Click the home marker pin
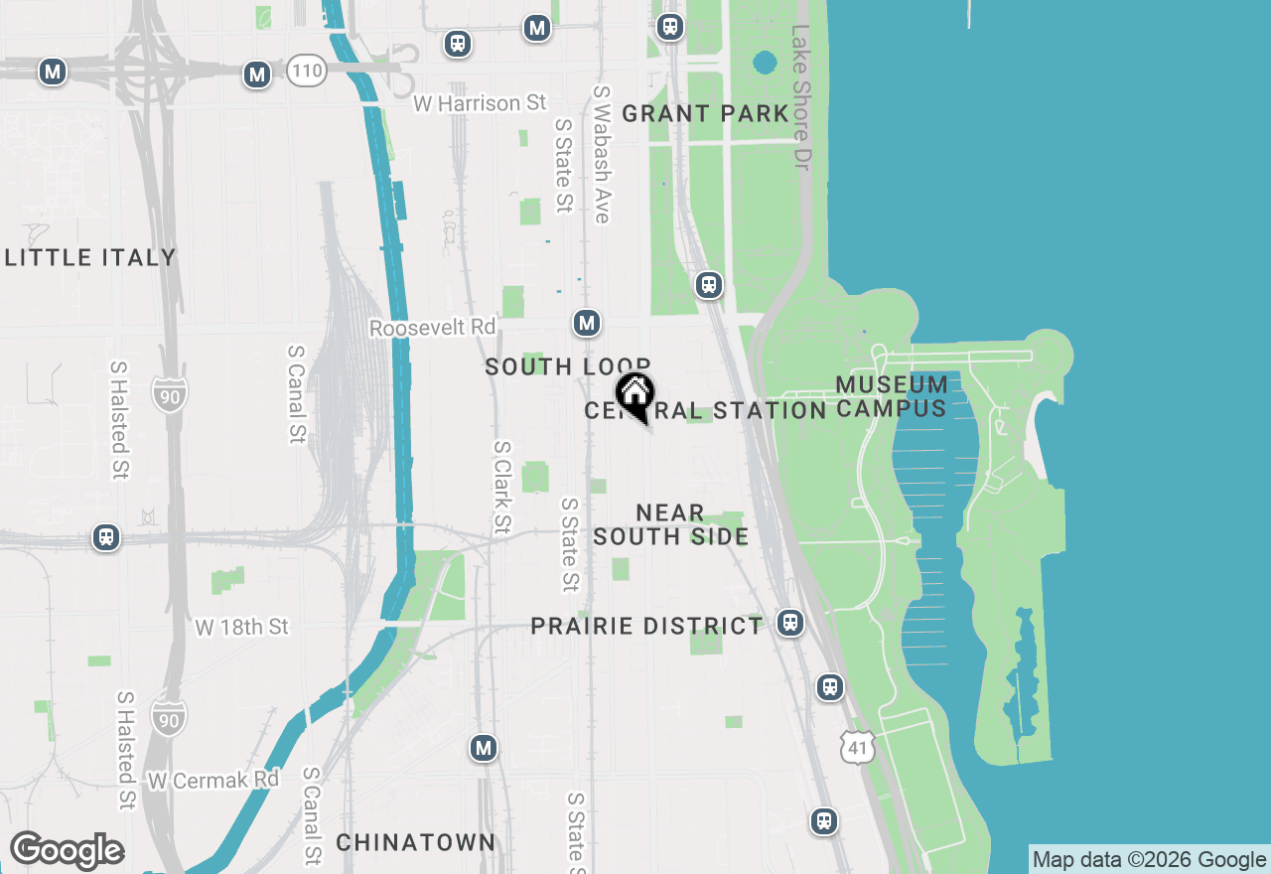pos(635,395)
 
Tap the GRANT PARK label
pos(705,114)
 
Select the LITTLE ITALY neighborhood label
pos(90,258)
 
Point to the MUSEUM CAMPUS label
pos(892,396)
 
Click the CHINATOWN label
pos(415,842)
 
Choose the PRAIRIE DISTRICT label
pos(646,627)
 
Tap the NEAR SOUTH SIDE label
pos(670,524)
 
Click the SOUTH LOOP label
pos(567,367)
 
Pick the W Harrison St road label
pos(481,103)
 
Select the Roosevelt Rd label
pos(432,328)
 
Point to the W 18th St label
pos(241,627)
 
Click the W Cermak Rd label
pos(212,781)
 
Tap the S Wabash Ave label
pos(602,154)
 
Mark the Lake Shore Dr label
pos(801,96)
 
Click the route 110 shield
pos(307,71)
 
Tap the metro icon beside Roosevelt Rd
pos(587,323)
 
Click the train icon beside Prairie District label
pos(789,623)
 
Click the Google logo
pos(67,851)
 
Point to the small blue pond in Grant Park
pos(764,64)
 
